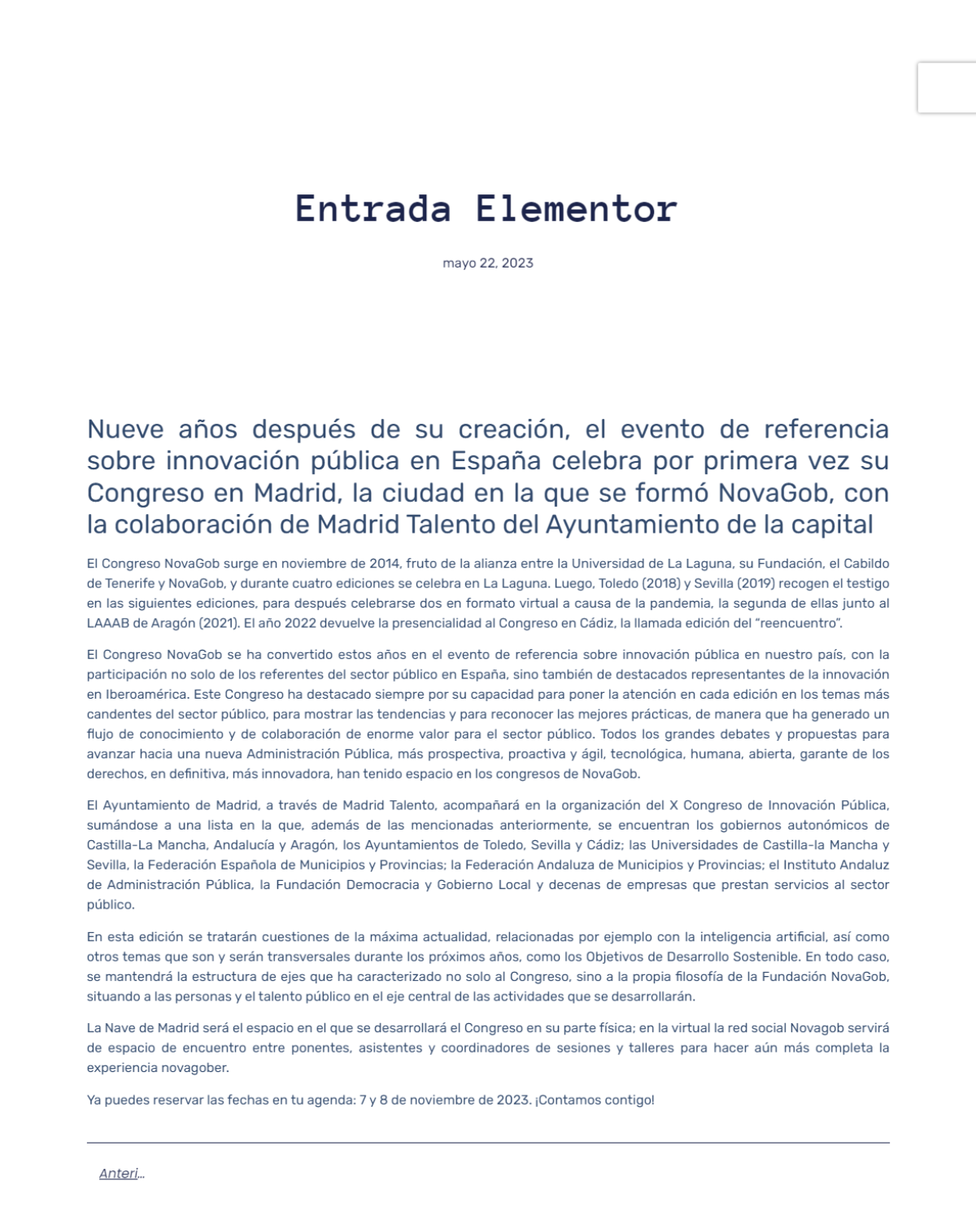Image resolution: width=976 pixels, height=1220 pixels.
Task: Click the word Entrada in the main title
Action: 373,208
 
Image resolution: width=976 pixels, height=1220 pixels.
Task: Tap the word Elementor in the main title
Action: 577,208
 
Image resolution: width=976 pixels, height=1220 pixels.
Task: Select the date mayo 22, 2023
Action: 488,263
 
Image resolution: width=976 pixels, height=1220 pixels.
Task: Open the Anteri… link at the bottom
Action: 121,1174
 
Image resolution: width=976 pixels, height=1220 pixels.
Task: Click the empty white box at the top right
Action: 947,87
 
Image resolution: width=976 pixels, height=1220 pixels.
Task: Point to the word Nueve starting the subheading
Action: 125,429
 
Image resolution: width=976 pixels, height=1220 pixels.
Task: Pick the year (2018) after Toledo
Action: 660,583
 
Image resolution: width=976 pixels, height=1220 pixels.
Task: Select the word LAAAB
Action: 107,623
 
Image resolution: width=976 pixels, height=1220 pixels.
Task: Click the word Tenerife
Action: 130,583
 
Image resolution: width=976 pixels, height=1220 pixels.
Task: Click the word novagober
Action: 195,1068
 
